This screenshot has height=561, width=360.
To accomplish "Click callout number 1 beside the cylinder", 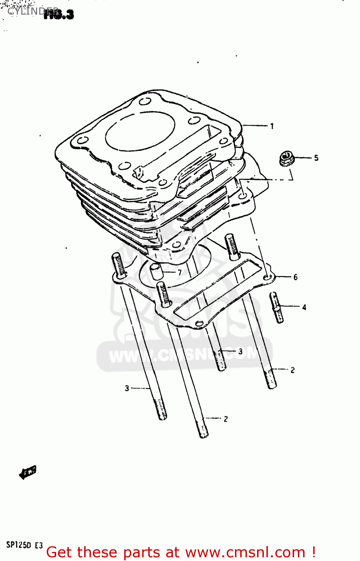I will pos(272,126).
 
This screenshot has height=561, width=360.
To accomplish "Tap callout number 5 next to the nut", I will pos(316,158).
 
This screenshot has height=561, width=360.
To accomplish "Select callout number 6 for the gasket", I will pos(295,277).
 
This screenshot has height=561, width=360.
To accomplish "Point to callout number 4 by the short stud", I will pos(304,307).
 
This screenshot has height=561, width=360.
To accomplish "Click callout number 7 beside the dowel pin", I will pos(180,272).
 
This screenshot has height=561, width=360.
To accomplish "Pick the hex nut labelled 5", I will pos(287,158).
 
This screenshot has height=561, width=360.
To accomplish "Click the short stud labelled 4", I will pos(277,307).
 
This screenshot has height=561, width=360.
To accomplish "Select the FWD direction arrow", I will pos(28,472).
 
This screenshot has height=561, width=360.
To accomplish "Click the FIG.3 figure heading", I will pos(59,14).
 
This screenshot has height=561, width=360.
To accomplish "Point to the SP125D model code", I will pos(19,545).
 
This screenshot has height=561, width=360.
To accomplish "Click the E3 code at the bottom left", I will pos(39,545).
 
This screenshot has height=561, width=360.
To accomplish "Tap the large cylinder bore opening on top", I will pos(140,131).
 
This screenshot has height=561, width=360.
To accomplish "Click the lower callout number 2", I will pos(226,419).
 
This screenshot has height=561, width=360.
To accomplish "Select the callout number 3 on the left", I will pos(127,389).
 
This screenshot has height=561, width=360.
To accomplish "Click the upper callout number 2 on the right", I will pos(293,370).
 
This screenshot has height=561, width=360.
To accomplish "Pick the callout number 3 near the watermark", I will pos(240,352).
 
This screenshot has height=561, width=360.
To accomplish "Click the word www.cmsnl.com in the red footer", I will pos(245,552).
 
